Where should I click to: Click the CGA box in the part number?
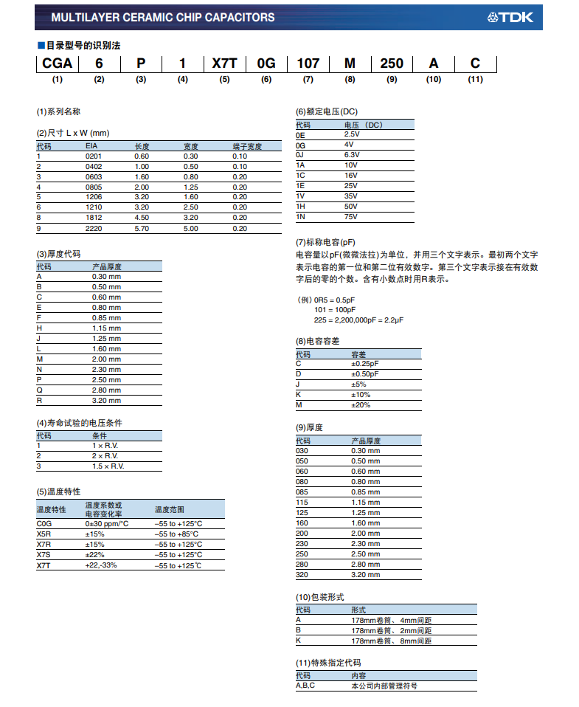tap(57, 63)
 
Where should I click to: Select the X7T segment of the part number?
tap(224, 63)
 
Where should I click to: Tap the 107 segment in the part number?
tap(308, 63)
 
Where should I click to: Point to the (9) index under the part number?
tap(392, 79)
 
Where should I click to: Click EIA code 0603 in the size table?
tap(93, 177)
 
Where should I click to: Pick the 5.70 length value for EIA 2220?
tap(142, 229)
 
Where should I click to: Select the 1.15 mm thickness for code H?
tap(106, 328)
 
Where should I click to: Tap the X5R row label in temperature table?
tap(44, 534)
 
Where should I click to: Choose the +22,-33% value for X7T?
tap(101, 565)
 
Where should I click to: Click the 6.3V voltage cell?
tap(352, 155)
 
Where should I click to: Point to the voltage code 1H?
tap(300, 207)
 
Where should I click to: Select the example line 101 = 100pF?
tap(335, 310)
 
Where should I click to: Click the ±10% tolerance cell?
tap(361, 395)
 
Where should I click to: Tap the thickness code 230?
tap(302, 543)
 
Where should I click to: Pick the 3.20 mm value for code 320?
tap(366, 574)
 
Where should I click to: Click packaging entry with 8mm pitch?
tap(391, 641)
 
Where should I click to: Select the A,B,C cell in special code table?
tap(305, 686)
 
